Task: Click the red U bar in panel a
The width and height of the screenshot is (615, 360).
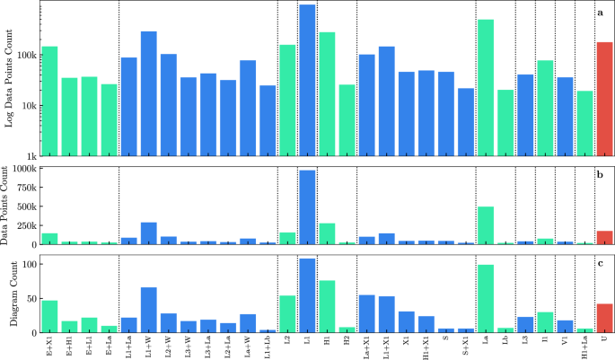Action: (x=604, y=99)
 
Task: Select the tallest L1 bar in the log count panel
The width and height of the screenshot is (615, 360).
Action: (x=307, y=81)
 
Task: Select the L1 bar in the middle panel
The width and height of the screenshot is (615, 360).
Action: (x=307, y=207)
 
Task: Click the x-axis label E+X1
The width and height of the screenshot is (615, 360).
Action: (x=49, y=344)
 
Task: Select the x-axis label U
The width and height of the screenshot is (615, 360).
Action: (x=604, y=342)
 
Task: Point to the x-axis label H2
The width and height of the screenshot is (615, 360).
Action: (x=347, y=342)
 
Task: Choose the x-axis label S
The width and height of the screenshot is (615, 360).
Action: (x=446, y=342)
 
